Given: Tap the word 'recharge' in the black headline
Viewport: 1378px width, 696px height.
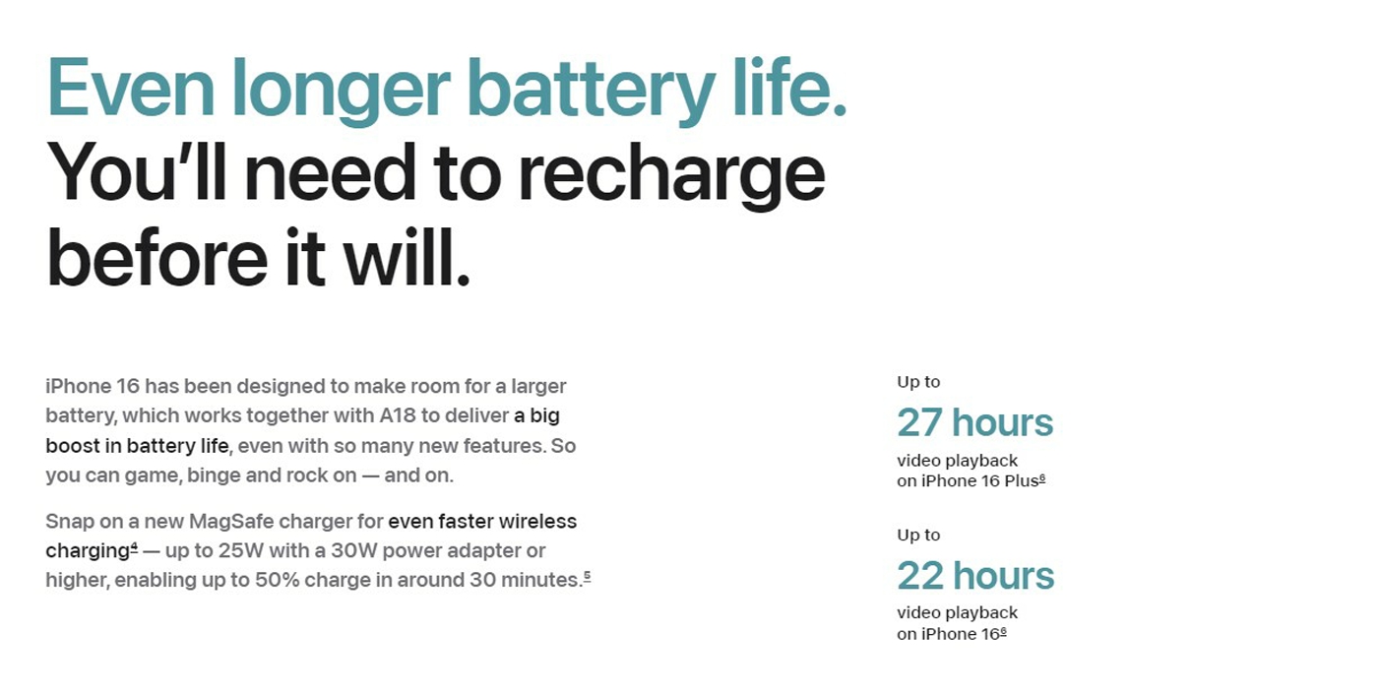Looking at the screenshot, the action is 671,175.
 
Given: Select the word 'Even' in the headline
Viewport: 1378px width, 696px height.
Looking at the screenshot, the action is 130,87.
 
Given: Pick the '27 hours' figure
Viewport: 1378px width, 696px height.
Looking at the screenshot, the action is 975,422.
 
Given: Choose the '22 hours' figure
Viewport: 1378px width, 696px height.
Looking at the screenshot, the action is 975,576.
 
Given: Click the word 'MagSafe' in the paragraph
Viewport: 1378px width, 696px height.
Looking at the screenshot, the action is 231,521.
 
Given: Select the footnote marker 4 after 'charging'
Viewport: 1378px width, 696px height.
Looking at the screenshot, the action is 134,546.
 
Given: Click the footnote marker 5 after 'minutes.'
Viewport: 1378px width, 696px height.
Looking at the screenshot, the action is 587,576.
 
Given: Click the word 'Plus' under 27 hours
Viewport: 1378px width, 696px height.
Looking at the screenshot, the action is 1022,481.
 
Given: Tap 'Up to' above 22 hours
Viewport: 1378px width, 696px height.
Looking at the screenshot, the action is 918,536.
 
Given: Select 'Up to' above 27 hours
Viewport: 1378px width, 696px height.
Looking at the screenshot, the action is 918,382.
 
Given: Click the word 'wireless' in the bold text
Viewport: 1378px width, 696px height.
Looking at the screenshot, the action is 537,521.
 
